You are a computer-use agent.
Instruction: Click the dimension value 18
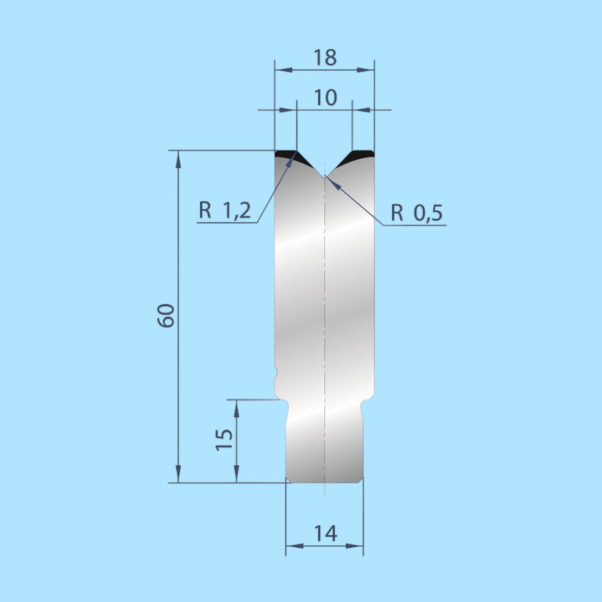pos(325,58)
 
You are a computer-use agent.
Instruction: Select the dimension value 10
pos(325,98)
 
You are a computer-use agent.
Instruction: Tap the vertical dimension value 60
pos(166,316)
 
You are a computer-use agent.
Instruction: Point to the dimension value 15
pos(224,440)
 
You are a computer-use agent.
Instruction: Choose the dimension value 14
pos(325,533)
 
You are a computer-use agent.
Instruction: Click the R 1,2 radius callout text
pos(225,210)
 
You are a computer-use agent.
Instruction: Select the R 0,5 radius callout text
pos(417,213)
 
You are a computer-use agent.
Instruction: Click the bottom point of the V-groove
pos(325,176)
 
